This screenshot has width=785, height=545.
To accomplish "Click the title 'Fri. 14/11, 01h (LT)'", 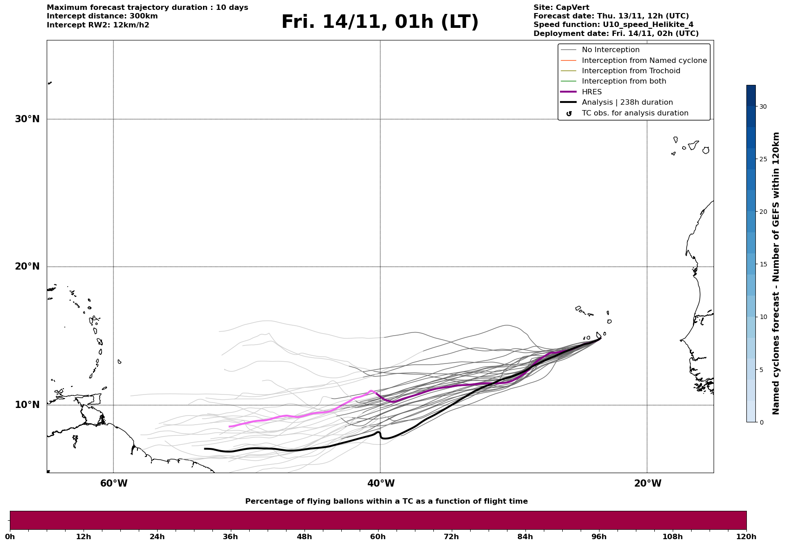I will [x=380, y=22].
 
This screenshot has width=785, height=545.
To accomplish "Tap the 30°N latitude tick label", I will [x=27, y=119].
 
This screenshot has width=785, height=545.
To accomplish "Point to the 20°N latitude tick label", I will [x=27, y=266].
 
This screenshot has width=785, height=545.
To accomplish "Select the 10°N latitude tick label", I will [x=27, y=405].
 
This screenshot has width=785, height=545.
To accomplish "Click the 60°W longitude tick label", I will [x=114, y=483].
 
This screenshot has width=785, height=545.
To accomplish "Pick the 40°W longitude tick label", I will [x=381, y=483].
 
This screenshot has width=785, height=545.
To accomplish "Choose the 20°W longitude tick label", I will [x=648, y=483].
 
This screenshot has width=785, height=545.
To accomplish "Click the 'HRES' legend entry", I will [x=591, y=92].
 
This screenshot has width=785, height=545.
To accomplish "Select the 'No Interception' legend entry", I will [x=610, y=50].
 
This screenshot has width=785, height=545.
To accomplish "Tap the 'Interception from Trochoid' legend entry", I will [x=631, y=71].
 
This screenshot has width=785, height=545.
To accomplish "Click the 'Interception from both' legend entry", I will [x=624, y=81].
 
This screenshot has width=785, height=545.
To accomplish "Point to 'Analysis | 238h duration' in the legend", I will [x=627, y=102].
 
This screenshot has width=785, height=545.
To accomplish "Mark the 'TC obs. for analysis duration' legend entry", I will [x=635, y=113].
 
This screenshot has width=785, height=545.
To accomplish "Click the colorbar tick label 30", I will [x=763, y=106].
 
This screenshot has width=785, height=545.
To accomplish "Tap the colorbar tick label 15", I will [x=763, y=264].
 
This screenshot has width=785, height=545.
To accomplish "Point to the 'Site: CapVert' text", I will [x=561, y=8].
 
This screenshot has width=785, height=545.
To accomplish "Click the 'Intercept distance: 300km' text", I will [x=102, y=16].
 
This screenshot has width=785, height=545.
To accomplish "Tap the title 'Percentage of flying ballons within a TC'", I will [x=386, y=501].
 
